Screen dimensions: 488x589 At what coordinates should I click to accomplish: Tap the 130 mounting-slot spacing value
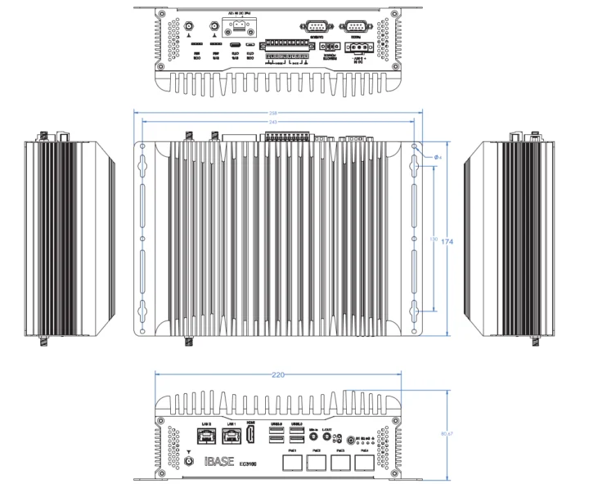[433, 239]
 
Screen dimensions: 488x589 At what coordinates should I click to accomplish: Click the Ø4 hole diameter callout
[437, 156]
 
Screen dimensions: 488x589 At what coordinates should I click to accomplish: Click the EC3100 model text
[249, 463]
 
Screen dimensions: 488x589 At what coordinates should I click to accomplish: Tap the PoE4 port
[363, 464]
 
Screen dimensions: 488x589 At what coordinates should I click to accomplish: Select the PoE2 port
[316, 464]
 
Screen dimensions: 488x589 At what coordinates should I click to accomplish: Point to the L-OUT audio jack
[326, 437]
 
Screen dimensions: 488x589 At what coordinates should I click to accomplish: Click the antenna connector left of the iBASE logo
[190, 462]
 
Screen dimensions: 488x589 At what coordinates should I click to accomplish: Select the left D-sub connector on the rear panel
[315, 29]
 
